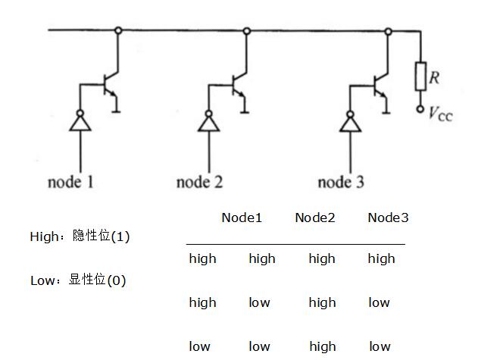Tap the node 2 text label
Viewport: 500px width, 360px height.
click(x=199, y=183)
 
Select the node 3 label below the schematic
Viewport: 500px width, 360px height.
click(x=340, y=183)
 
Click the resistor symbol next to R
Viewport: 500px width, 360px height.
click(x=420, y=77)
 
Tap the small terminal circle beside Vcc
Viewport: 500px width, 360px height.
click(x=420, y=110)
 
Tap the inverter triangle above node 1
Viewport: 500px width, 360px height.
click(x=79, y=123)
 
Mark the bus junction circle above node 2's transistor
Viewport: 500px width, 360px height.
click(x=246, y=31)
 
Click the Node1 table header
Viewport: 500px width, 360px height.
click(x=242, y=218)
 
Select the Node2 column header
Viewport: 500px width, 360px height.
click(x=315, y=218)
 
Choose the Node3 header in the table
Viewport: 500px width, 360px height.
click(x=388, y=218)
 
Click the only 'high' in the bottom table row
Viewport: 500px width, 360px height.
click(x=322, y=346)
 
